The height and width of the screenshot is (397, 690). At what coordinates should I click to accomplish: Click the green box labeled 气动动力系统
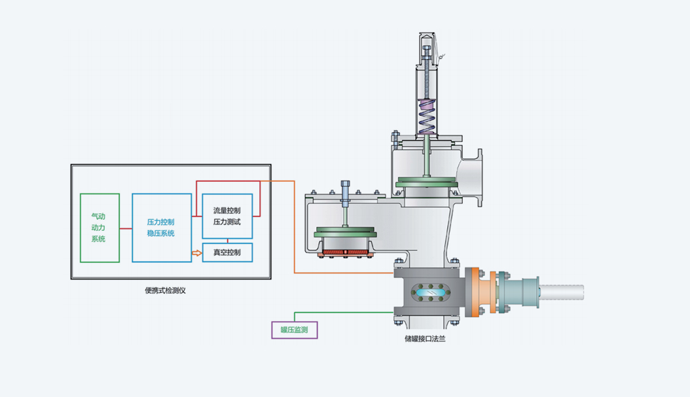point(100,228)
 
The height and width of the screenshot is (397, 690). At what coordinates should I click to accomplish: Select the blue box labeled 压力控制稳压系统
point(162,228)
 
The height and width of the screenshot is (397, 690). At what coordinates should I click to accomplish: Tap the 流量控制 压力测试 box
point(227,216)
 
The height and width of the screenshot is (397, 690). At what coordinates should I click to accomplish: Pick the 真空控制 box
point(227,252)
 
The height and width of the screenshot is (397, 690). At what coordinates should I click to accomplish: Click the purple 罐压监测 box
point(294,330)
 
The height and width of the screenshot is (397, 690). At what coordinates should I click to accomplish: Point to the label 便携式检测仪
point(165,290)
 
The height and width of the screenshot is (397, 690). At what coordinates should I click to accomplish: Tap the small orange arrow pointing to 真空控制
point(196,252)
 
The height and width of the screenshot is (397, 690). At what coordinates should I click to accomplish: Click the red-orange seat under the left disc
point(345,252)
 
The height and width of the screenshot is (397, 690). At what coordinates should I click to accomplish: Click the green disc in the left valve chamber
point(345,233)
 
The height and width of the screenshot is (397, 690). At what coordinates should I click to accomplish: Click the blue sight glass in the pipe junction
point(426,292)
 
